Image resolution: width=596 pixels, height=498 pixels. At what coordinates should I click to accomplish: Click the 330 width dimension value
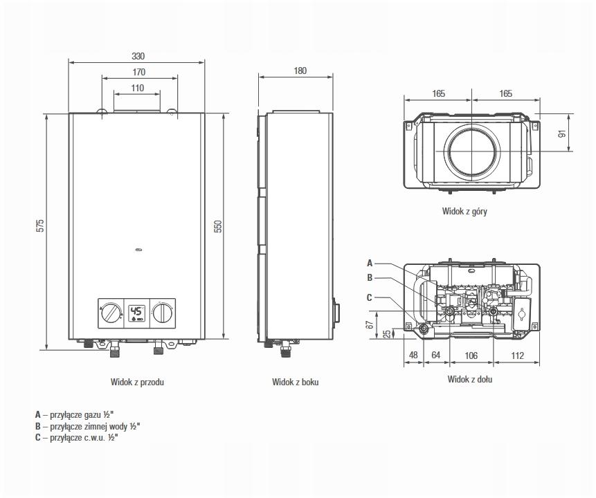[138, 56]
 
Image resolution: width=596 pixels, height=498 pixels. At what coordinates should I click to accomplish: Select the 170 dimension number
[139, 72]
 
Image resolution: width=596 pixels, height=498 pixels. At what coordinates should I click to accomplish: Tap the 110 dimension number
[138, 88]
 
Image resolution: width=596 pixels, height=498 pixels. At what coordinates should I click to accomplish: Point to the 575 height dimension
[41, 225]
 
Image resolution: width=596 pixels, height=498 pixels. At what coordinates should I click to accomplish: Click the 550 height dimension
[218, 226]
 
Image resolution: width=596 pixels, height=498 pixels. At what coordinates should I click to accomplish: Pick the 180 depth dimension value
[300, 71]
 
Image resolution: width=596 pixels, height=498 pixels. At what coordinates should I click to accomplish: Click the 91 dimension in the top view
[562, 133]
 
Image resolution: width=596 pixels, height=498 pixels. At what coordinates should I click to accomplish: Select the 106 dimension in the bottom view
[471, 356]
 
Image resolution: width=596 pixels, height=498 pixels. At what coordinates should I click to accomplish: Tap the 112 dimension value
[517, 356]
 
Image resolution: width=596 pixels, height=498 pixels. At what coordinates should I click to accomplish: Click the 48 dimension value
[413, 355]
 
